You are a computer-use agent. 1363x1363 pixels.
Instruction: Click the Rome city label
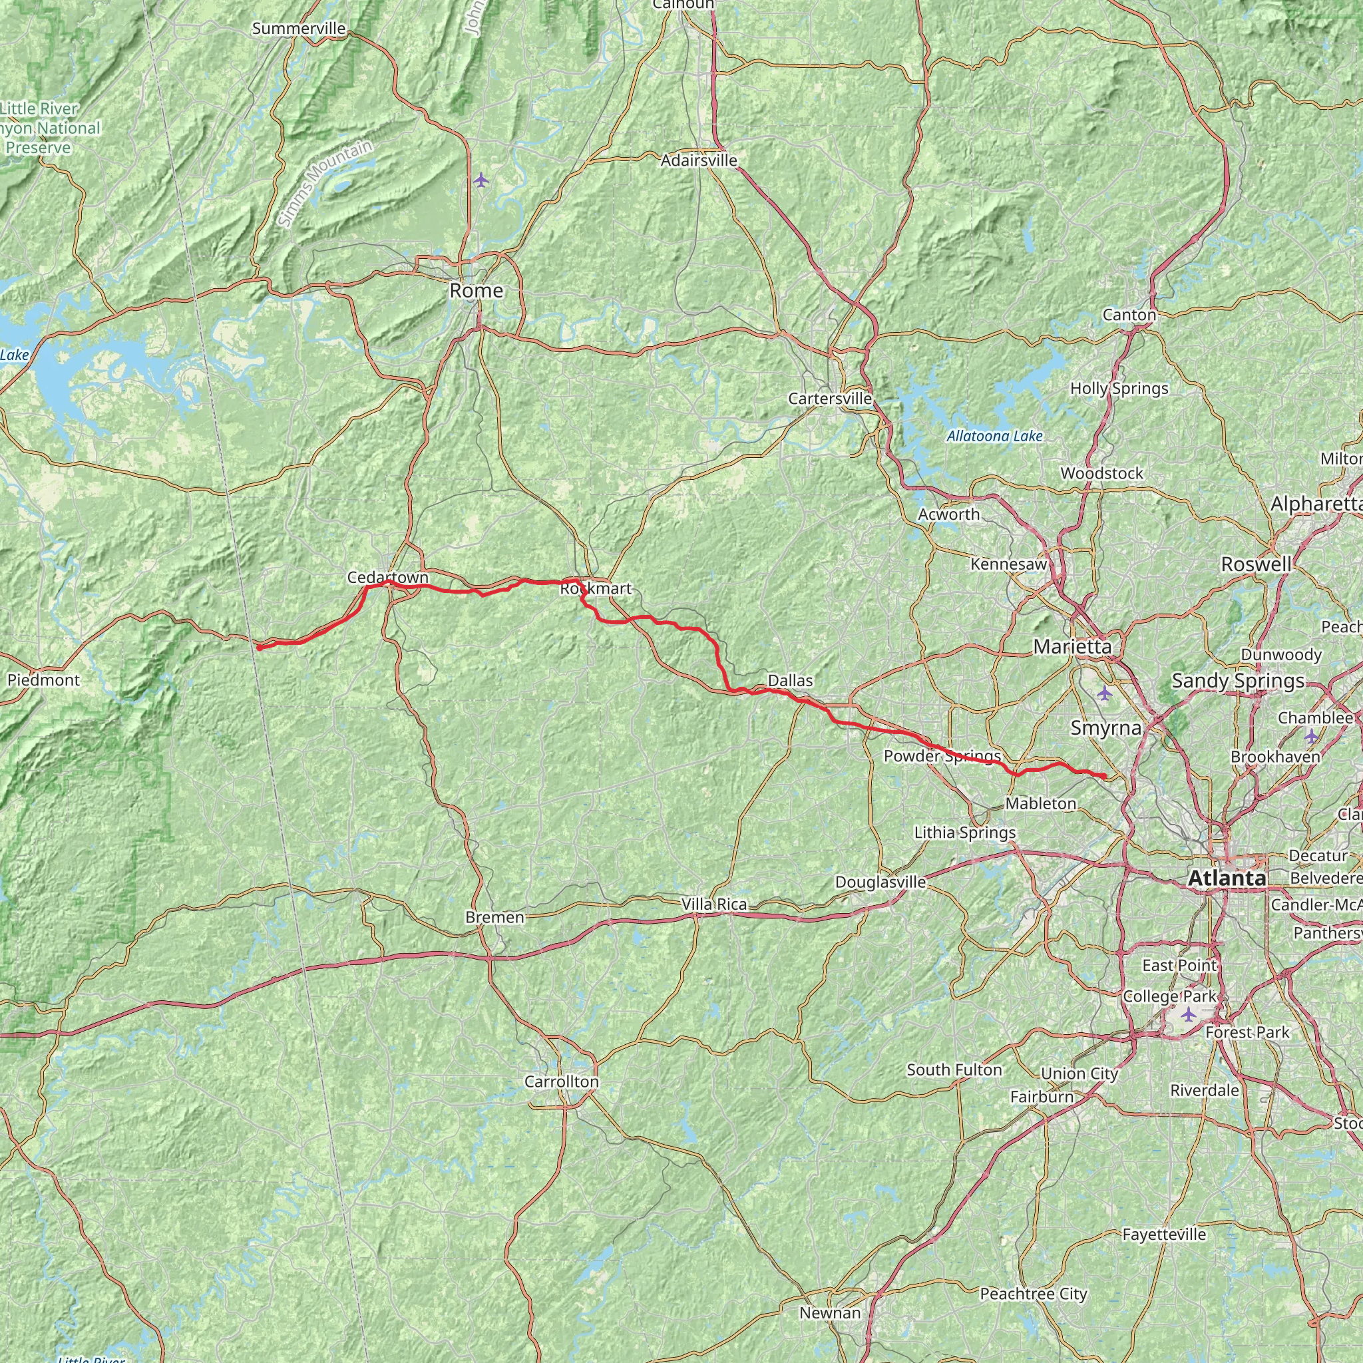tap(477, 291)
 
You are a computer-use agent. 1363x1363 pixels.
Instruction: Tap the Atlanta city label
tap(1227, 878)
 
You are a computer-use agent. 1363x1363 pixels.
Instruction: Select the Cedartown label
tap(387, 577)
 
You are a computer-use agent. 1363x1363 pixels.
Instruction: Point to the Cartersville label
tap(830, 399)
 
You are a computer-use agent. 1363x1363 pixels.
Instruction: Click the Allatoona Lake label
tap(994, 436)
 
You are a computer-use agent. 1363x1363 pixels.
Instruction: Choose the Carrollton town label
tap(561, 1081)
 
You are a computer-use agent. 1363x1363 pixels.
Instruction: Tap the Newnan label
tap(830, 1313)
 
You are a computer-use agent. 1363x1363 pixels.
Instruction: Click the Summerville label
tap(298, 29)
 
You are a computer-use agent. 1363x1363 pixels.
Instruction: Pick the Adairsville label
tap(698, 161)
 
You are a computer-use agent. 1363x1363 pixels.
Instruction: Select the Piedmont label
tap(44, 680)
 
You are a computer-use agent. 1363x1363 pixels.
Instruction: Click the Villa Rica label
tap(714, 904)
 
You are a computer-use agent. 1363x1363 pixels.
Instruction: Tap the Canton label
tap(1129, 315)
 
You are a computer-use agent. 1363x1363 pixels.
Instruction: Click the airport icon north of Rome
tap(481, 180)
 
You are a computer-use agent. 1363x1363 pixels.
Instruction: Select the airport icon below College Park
tap(1189, 1015)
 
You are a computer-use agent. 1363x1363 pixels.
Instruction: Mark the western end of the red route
tap(259, 647)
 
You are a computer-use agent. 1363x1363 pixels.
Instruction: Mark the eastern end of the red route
tap(1104, 777)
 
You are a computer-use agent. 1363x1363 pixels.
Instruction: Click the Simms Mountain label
tap(325, 184)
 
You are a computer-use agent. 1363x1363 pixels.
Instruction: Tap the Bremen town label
tap(494, 917)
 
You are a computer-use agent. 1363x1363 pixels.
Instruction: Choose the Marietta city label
tap(1071, 646)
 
